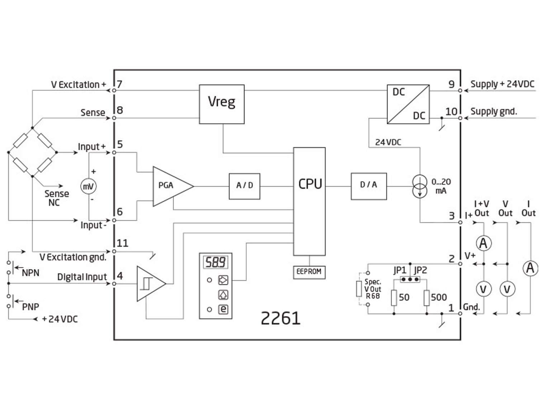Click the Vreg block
coord(222,104)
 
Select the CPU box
coord(309,201)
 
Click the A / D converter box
coord(244,186)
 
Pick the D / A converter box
coord(368,186)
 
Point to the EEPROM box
coord(309,272)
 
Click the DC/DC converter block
coord(408,104)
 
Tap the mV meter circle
coord(88,186)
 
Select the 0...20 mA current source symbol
coord(419,186)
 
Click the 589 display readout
coord(215,262)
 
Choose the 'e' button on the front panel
coord(223,309)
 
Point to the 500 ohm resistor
coord(426,297)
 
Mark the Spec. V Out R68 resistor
coord(359,289)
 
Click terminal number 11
coord(122,243)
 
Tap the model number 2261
coord(280,318)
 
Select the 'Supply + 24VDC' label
coord(502,84)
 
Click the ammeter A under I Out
coord(530,268)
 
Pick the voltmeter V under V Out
coord(507,289)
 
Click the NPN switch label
coord(30,273)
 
